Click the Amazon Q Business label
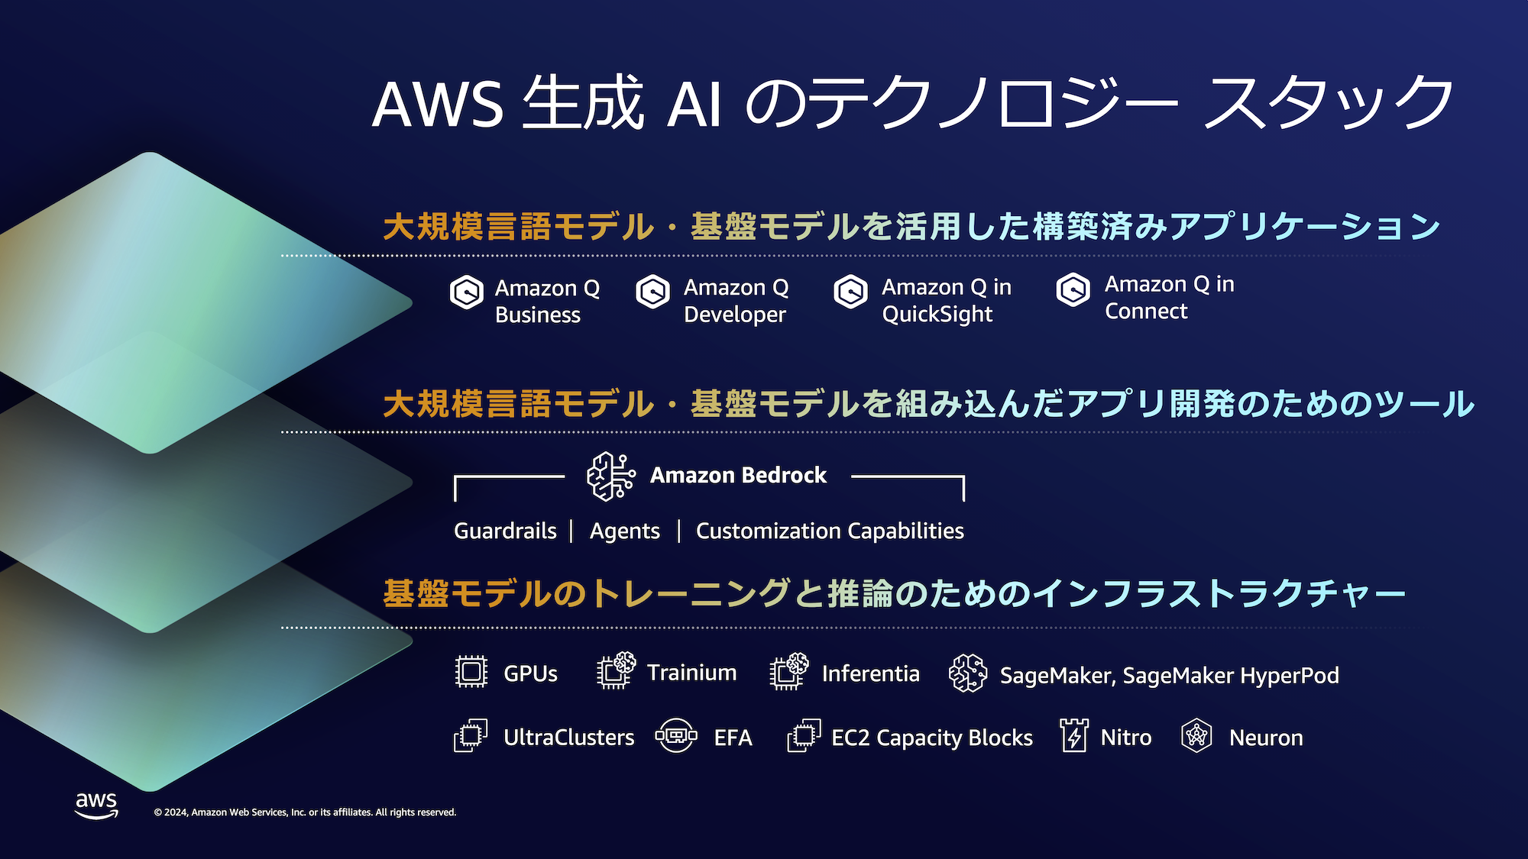click(x=547, y=302)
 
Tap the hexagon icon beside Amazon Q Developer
click(x=653, y=292)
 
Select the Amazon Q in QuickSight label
click(x=947, y=301)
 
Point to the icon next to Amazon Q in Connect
click(x=1073, y=290)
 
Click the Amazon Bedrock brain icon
click(x=610, y=476)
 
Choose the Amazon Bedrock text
click(x=738, y=476)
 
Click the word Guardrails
click(x=505, y=531)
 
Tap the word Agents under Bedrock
click(x=624, y=531)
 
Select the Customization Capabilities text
click(x=830, y=531)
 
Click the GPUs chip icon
click(x=471, y=672)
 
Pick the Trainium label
click(x=691, y=673)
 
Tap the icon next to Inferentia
click(x=789, y=671)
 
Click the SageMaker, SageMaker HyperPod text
click(x=1169, y=676)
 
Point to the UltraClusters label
click(x=568, y=738)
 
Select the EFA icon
click(x=676, y=736)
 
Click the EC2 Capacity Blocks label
click(x=931, y=738)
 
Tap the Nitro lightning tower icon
click(x=1074, y=735)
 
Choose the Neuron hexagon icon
click(x=1196, y=736)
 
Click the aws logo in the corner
click(x=96, y=805)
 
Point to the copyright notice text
click(x=305, y=812)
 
